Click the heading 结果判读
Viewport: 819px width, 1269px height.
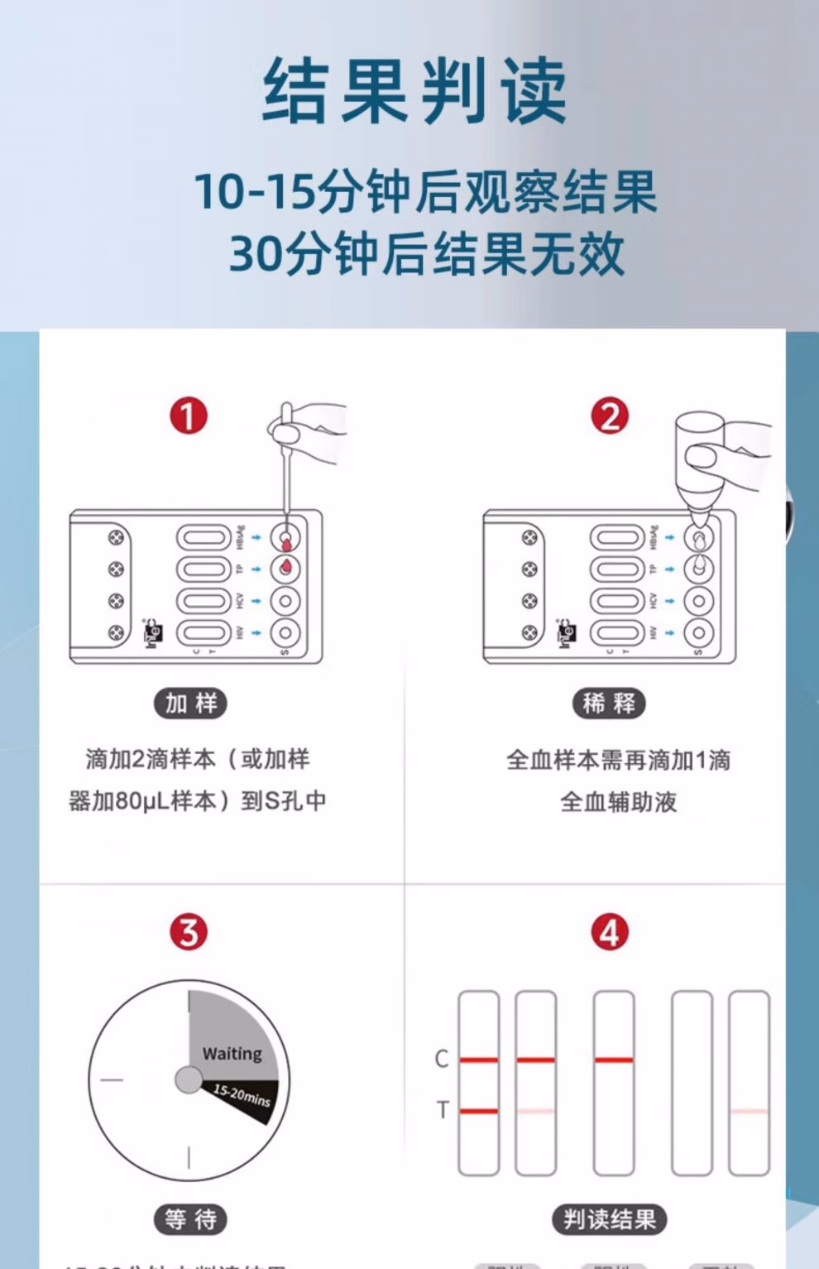click(x=414, y=92)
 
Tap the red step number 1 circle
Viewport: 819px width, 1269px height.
click(x=189, y=416)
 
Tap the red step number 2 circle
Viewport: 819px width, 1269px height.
click(x=610, y=416)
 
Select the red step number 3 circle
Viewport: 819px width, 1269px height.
click(x=189, y=932)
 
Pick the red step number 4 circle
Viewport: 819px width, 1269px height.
click(x=610, y=932)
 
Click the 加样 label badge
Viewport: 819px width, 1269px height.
click(x=190, y=704)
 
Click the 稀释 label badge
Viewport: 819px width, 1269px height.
click(x=609, y=704)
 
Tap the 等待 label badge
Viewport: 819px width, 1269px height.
click(x=190, y=1219)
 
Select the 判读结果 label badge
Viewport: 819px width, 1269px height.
click(x=610, y=1219)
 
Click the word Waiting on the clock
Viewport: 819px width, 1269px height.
click(x=232, y=1054)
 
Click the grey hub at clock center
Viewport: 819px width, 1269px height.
click(x=189, y=1079)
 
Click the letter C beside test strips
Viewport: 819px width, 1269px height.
click(x=442, y=1059)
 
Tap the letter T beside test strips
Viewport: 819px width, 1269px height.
click(x=442, y=1110)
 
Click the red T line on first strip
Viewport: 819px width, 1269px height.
click(x=479, y=1111)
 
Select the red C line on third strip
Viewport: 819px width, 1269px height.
click(x=614, y=1060)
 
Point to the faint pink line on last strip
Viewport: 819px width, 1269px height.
click(x=750, y=1111)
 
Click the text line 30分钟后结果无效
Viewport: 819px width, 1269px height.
click(x=426, y=253)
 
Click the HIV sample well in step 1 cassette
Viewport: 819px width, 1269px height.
click(x=285, y=633)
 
